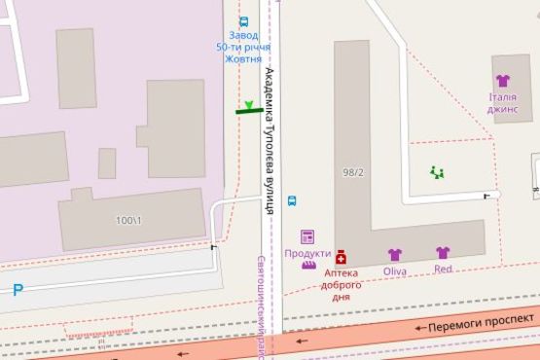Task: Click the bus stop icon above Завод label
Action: coord(243,20)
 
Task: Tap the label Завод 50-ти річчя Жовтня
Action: coord(243,47)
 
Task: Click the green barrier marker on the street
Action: coord(249,110)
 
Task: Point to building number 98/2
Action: coord(353,172)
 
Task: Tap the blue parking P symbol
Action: coord(18,289)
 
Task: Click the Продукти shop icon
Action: coord(307,236)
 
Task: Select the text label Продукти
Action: coord(307,253)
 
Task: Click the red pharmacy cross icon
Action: coord(342,257)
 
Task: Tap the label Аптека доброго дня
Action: coord(342,285)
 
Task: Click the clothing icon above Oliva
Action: coord(394,255)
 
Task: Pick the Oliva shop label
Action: coord(394,270)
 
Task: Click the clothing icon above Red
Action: coord(443,253)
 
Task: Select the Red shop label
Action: coord(443,269)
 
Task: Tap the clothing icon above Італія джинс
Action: coord(502,81)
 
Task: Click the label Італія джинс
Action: coord(502,102)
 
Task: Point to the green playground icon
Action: coord(437,173)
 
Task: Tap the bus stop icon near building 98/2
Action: coord(292,202)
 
